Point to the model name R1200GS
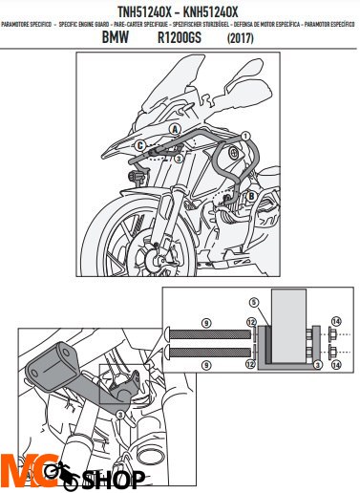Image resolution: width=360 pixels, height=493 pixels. [181, 39]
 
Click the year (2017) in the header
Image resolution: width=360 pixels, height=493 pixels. [247, 39]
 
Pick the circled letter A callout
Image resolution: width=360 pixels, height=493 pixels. [176, 128]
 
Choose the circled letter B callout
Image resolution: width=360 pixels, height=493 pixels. [250, 197]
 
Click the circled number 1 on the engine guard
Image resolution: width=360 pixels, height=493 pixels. [244, 138]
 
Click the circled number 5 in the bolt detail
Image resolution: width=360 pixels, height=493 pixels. [254, 301]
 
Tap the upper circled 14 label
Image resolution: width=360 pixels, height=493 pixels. [335, 321]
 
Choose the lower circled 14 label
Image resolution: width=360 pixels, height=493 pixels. [335, 364]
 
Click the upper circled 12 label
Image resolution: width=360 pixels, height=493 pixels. [252, 322]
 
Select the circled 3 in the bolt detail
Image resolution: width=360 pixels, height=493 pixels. [316, 365]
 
